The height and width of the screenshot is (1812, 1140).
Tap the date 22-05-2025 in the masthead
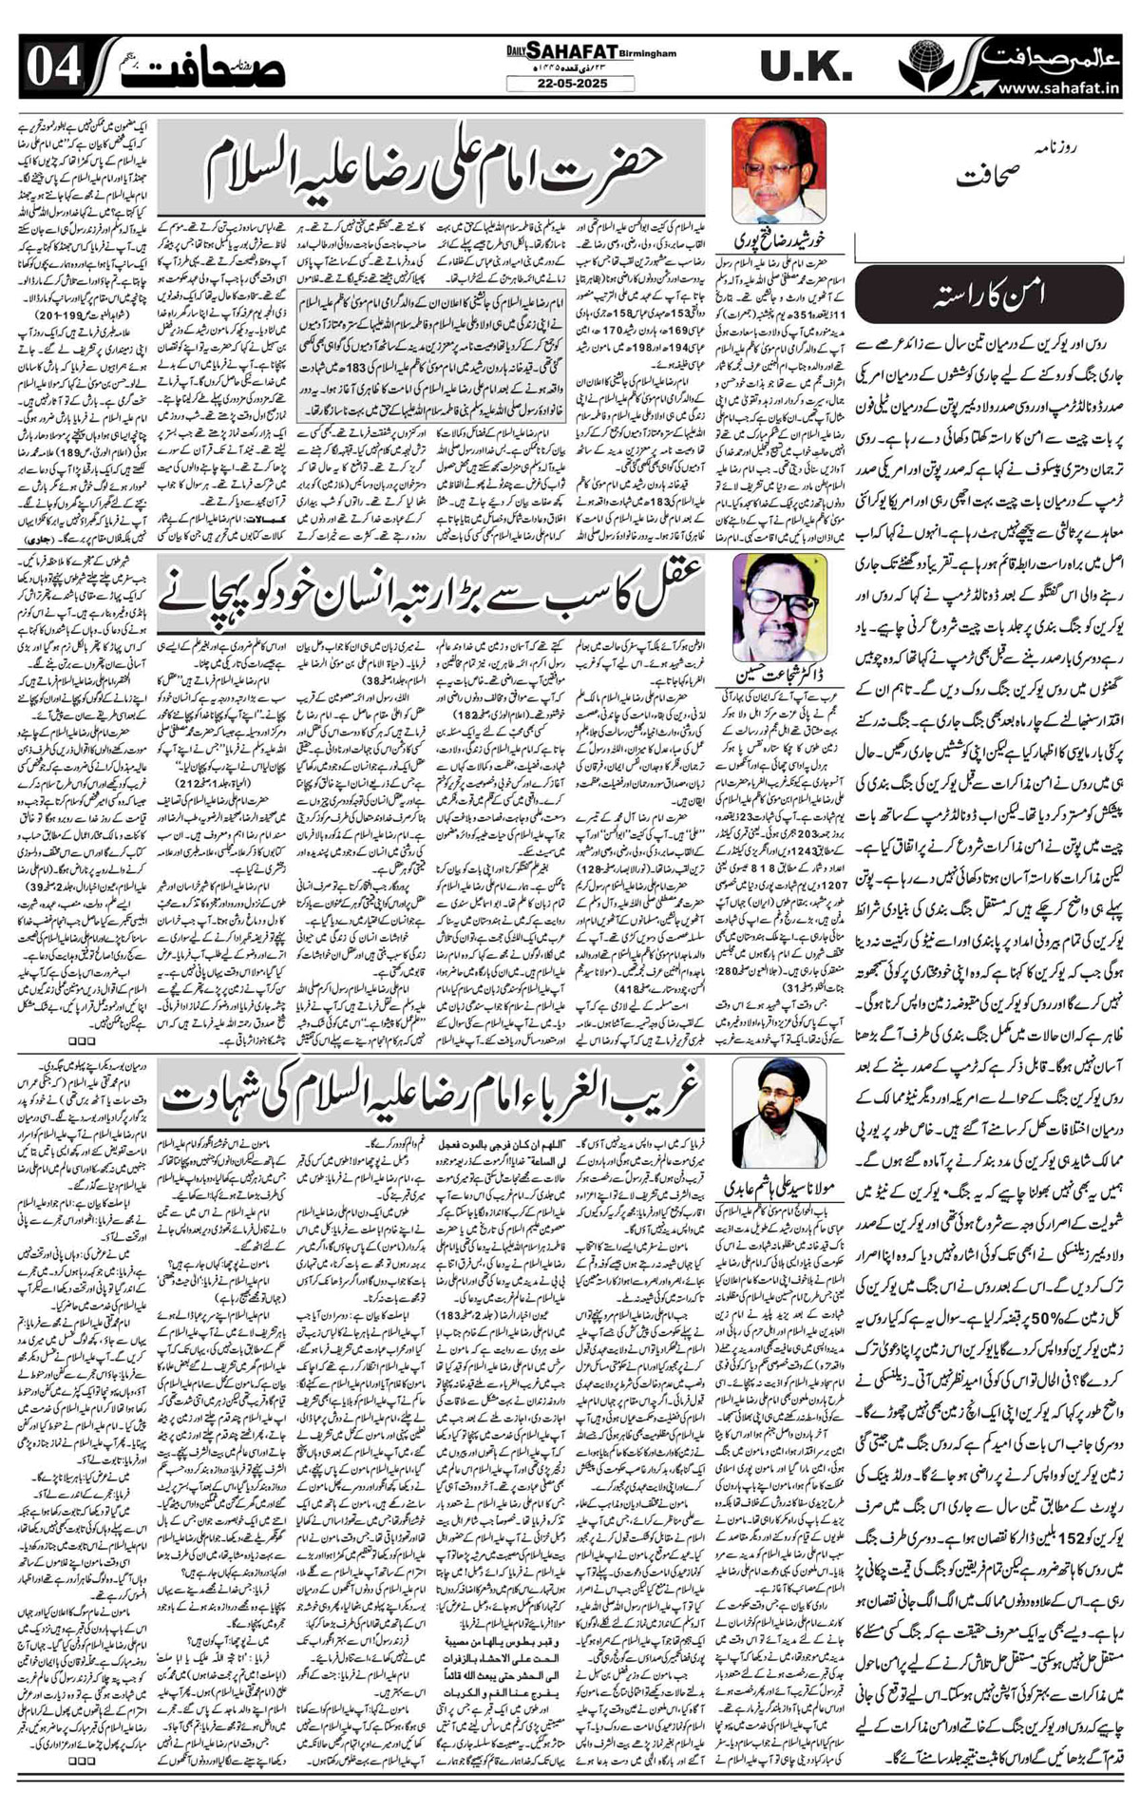pyautogui.click(x=570, y=84)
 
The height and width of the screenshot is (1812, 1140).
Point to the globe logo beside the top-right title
pyautogui.click(x=919, y=67)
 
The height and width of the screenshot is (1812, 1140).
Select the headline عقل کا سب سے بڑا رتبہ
pyautogui.click(x=433, y=591)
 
